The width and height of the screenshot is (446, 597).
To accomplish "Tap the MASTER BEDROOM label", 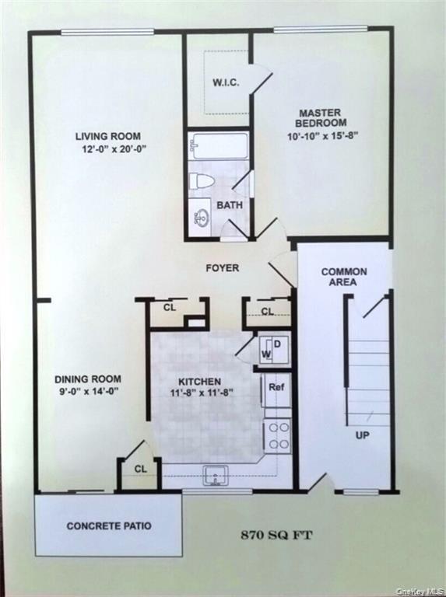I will point(321,118).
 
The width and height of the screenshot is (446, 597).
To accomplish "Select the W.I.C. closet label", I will point(226,82).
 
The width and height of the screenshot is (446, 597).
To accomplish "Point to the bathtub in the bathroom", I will point(219,145).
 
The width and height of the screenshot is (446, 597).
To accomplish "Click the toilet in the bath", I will point(202,181).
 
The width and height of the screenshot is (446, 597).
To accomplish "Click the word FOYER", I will point(222,268).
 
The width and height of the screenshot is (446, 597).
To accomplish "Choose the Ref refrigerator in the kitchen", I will point(276,387).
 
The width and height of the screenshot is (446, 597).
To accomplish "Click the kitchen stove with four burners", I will point(278,435).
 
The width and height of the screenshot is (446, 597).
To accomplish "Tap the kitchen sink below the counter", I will point(215,474).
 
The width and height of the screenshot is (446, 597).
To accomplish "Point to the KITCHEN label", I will point(199,382).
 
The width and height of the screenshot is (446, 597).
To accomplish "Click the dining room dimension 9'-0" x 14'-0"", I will point(86,392).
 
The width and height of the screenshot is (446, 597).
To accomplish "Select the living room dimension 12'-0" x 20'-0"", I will point(111,148).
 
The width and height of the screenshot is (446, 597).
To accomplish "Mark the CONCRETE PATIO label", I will point(109,526).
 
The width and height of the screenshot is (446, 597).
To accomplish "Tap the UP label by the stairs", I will point(362,435).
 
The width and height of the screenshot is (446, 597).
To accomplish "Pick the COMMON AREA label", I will point(343,277).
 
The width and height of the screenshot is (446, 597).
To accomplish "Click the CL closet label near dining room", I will point(140,469).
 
